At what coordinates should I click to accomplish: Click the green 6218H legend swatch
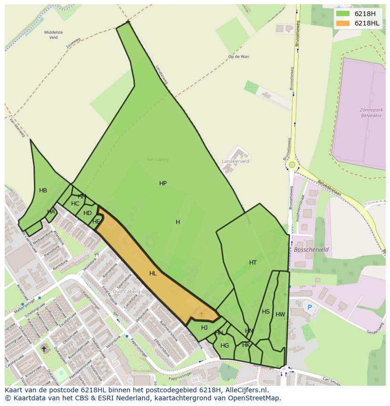[343, 14]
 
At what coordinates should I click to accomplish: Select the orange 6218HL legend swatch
[343, 23]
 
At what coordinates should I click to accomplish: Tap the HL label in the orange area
[153, 273]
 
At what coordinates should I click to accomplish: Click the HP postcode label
[163, 183]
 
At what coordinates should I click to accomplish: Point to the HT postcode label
[253, 263]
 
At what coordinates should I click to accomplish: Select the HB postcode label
[43, 191]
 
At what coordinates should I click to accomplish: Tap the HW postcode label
[280, 315]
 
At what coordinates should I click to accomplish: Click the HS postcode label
[266, 312]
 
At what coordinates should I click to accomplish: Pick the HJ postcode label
[204, 328]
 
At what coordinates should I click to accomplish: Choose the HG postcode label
[225, 346]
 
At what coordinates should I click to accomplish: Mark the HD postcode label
[88, 213]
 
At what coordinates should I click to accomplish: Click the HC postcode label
[75, 204]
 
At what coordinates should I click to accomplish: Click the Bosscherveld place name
[311, 249]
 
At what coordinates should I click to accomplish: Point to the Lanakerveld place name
[236, 161]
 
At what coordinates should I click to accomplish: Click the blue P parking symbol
[309, 307]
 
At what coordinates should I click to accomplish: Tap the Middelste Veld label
[53, 34]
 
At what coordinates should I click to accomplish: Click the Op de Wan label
[238, 57]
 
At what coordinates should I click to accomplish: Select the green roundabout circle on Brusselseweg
[292, 165]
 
